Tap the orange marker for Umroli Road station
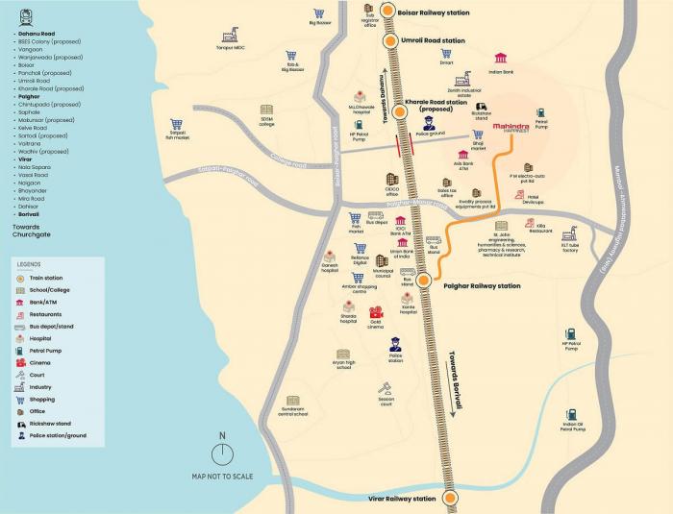tap(390, 40)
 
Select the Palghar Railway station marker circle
tap(423, 281)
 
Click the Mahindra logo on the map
tap(511, 128)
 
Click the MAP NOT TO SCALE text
tap(222, 477)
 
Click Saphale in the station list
tap(29, 111)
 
